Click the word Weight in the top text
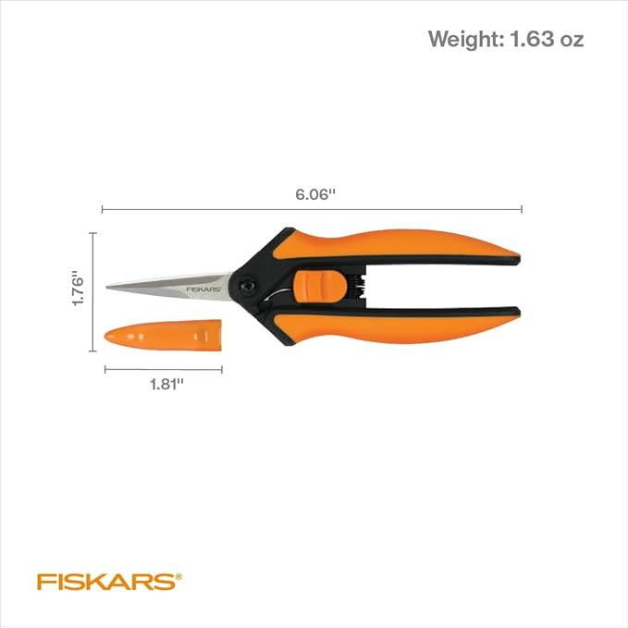[462, 40]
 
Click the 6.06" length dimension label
[314, 195]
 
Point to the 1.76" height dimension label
[79, 290]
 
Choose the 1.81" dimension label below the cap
[164, 385]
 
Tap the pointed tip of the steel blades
[108, 287]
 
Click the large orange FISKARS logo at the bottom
[105, 582]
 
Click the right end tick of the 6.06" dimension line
[523, 210]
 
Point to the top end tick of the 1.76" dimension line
[92, 233]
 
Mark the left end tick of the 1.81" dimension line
[105, 370]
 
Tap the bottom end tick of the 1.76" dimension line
[92, 351]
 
